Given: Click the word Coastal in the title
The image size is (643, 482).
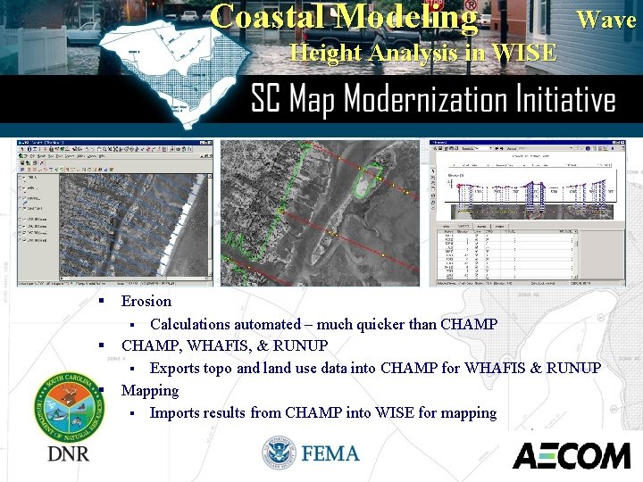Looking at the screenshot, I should [x=269, y=17].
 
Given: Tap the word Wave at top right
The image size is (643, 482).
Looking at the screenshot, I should [x=605, y=19].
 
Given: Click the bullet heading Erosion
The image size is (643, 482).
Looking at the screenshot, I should [x=146, y=302].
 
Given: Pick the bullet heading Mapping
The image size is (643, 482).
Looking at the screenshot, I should [x=150, y=390].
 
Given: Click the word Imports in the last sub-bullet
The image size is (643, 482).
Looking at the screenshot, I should [x=178, y=412].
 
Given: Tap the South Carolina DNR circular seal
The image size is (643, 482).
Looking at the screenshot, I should [x=68, y=406].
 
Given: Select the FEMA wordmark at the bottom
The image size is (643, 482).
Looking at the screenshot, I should [x=331, y=453].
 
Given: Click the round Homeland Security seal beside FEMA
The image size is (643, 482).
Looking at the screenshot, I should [x=280, y=453].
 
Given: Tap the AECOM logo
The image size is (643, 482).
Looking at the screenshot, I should [x=571, y=456].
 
